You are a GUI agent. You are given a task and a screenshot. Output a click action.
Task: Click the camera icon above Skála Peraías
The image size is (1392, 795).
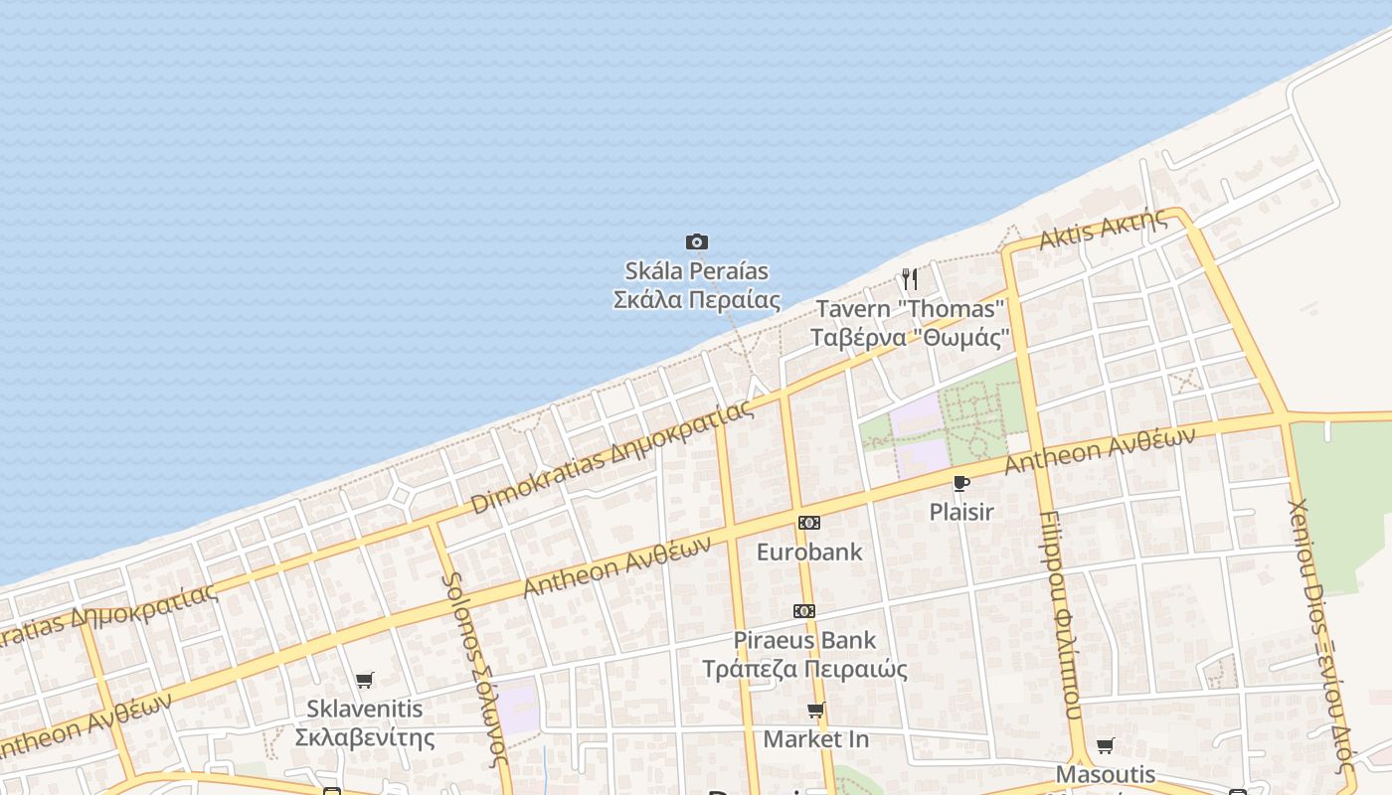click(697, 241)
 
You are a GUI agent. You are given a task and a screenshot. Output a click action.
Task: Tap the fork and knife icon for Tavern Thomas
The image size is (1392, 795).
click(909, 278)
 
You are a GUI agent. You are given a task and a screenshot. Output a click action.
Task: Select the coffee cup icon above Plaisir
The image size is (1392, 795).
click(960, 483)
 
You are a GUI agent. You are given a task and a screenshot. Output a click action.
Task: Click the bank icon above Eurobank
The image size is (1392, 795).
click(809, 523)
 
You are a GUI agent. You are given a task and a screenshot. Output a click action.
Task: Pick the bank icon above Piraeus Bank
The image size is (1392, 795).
click(803, 611)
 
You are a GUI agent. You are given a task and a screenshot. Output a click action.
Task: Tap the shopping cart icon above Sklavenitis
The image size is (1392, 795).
click(365, 681)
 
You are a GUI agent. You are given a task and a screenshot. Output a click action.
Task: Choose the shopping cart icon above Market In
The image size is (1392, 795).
click(816, 710)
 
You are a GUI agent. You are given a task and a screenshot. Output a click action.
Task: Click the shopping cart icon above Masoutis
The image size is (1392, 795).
click(1105, 745)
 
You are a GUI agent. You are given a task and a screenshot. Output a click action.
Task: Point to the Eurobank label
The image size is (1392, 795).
click(809, 552)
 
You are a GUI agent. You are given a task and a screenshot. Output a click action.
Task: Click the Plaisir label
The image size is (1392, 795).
click(960, 512)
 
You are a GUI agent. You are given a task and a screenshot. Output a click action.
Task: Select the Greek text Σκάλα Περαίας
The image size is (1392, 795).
click(696, 299)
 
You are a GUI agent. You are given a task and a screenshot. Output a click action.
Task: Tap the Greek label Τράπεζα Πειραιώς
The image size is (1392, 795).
click(804, 669)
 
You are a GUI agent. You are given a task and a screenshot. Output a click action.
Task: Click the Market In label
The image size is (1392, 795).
click(815, 739)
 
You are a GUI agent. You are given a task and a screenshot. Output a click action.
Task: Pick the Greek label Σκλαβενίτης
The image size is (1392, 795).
click(365, 737)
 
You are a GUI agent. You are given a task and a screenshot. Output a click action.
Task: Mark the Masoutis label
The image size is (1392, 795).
click(1106, 774)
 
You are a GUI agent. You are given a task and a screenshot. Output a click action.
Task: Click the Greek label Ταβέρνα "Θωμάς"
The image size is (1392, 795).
click(910, 337)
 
